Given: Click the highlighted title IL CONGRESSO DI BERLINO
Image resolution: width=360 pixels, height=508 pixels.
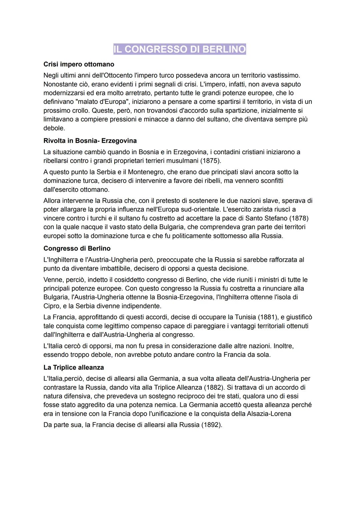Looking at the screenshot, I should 180,49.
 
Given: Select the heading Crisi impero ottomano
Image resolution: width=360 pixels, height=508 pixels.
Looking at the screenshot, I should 79,64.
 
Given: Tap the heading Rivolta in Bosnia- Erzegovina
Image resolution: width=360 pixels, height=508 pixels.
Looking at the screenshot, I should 90,141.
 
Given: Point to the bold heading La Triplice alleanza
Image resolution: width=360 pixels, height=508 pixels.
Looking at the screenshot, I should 74,367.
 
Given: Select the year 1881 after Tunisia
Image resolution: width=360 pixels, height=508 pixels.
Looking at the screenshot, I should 267,317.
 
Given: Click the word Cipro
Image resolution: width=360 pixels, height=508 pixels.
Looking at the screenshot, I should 52,306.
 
